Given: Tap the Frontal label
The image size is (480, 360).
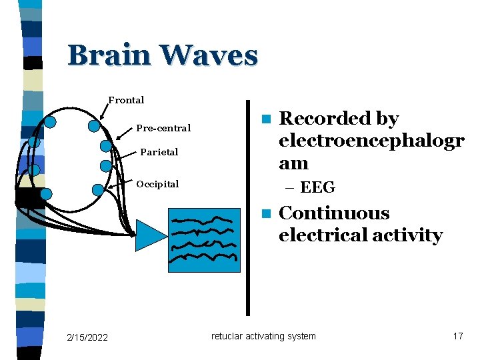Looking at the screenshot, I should click(x=126, y=100).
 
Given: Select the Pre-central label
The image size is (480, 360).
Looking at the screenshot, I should click(x=163, y=128).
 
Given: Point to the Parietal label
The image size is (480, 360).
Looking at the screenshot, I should click(x=159, y=152).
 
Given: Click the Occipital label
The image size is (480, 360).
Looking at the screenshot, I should click(x=157, y=184).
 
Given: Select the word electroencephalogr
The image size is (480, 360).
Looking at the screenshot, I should click(x=371, y=141).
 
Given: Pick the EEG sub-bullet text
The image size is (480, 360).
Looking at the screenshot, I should click(x=317, y=187).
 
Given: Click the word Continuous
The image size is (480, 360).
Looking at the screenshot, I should click(x=333, y=213).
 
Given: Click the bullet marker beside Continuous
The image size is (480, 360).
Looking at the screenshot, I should click(x=265, y=214).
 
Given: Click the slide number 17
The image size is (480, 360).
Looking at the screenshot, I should click(x=457, y=336).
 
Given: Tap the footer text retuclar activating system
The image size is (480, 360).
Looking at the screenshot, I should click(x=263, y=336).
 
